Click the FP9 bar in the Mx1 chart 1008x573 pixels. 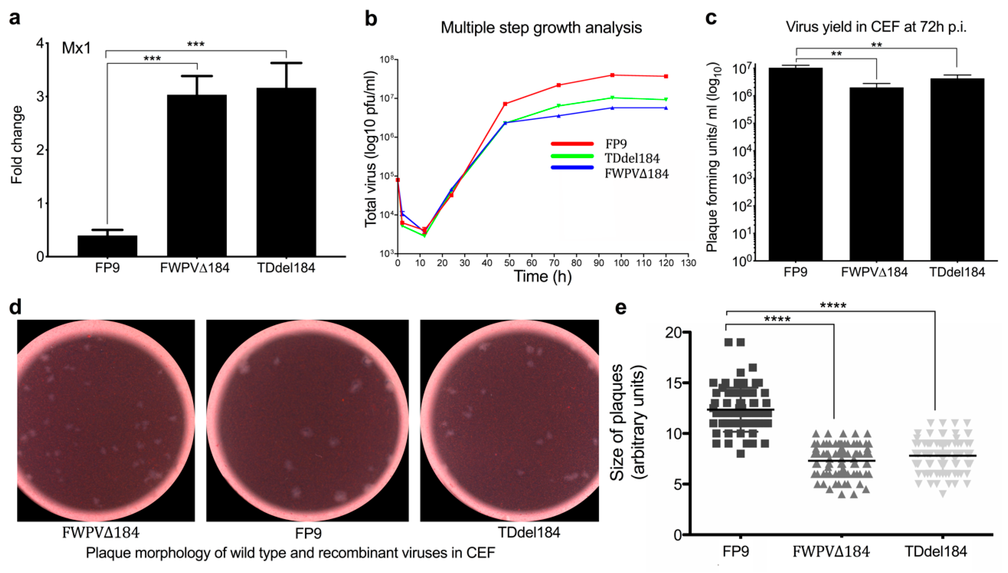tap(107, 246)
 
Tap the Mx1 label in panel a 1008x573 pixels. tap(76, 48)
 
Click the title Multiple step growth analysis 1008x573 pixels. tap(541, 28)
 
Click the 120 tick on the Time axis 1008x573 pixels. tap(666, 263)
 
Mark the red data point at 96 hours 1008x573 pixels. tap(612, 75)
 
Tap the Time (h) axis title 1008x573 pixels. tap(542, 276)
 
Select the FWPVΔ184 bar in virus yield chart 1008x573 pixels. tap(876, 173)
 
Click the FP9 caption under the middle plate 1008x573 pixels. tap(308, 533)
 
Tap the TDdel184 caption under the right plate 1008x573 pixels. tap(529, 533)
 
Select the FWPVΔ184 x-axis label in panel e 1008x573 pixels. tap(831, 551)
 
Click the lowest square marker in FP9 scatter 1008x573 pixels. tap(740, 454)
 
